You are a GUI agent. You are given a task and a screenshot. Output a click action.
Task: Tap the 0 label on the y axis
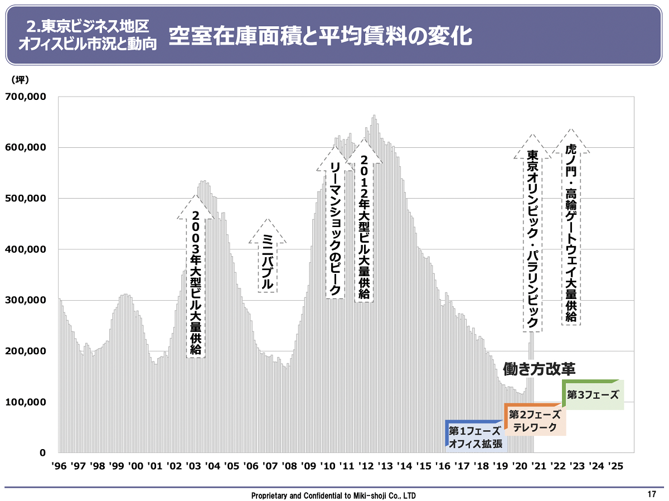[x=42, y=452]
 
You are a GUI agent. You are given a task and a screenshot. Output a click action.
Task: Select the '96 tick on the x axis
[x=59, y=466]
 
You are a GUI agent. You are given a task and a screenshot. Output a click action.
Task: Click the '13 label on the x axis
[x=385, y=466]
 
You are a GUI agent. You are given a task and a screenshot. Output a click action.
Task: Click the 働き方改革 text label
[x=539, y=369]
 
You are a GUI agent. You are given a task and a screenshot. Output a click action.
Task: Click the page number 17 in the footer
[x=652, y=494]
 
